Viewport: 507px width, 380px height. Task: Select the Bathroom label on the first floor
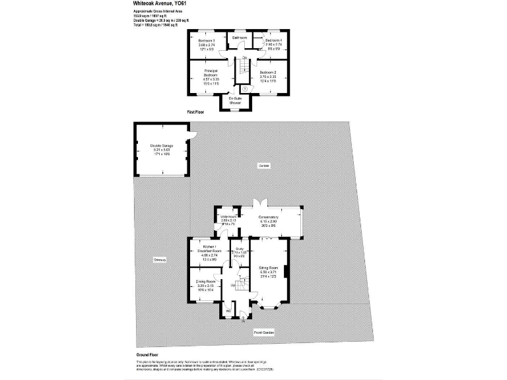point(239,38)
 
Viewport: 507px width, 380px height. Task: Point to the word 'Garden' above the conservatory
point(264,166)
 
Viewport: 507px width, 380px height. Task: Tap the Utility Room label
point(228,220)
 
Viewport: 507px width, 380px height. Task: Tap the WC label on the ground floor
point(228,311)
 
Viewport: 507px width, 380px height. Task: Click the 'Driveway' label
point(159,260)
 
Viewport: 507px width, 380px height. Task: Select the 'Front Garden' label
point(264,332)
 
